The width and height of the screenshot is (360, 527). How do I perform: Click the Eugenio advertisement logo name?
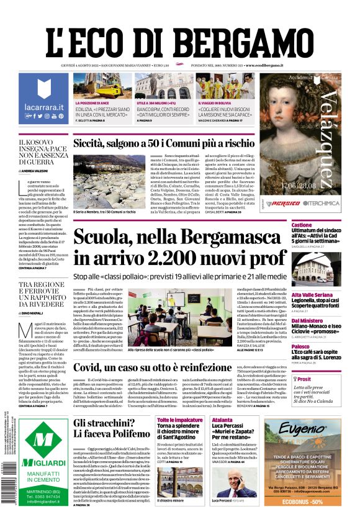[310, 429]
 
